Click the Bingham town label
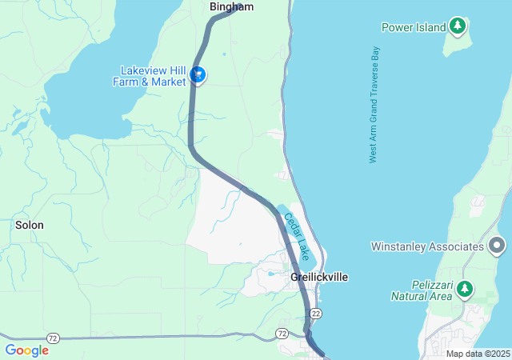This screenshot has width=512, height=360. click(x=231, y=7)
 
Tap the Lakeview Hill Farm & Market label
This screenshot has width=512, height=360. click(x=153, y=76)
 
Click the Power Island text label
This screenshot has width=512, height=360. click(x=413, y=27)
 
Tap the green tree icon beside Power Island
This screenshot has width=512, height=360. click(x=457, y=27)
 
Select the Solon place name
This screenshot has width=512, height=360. click(x=30, y=226)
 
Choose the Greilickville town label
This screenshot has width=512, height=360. click(x=319, y=277)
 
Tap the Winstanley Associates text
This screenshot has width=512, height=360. click(x=427, y=246)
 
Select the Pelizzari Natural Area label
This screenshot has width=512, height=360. click(x=422, y=290)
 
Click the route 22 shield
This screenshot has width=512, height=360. click(x=317, y=313)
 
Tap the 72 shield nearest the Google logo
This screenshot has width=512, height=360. click(x=53, y=338)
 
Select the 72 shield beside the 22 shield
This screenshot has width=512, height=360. click(x=282, y=332)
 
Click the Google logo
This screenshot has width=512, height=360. click(x=26, y=350)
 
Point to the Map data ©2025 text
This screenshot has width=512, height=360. click(x=478, y=354)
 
